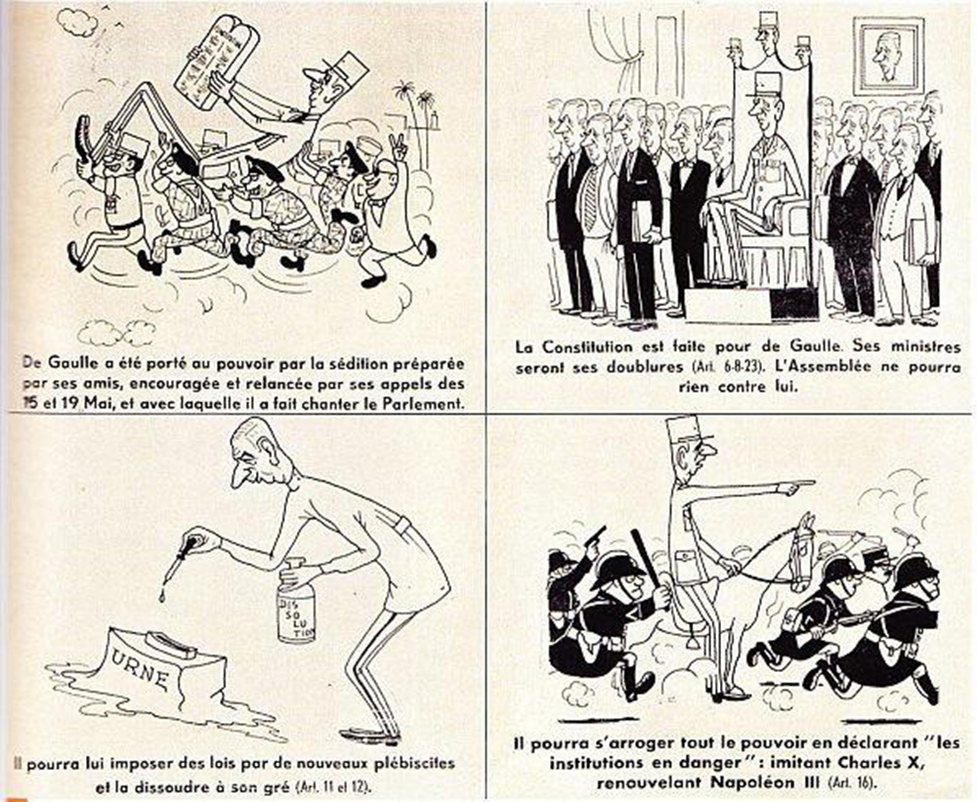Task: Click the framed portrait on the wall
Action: [x=887, y=55]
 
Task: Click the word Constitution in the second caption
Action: [x=592, y=347]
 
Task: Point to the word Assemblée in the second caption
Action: [x=831, y=366]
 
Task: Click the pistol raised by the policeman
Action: [x=596, y=536]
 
